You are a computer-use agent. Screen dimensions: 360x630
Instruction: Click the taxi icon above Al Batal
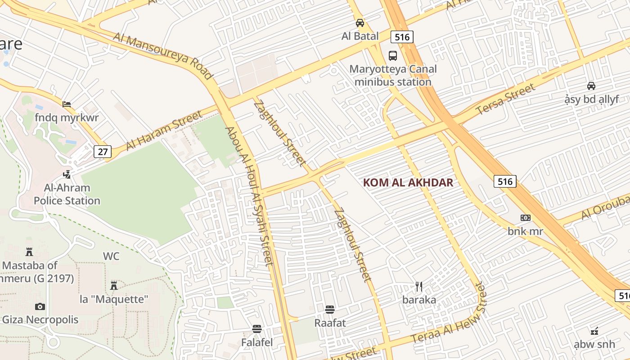tap(360, 22)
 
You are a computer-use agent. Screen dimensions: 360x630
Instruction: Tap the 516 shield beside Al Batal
tap(402, 36)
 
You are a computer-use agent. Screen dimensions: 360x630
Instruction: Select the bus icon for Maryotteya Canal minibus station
tap(393, 56)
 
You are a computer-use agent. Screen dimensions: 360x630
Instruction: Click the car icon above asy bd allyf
tap(591, 85)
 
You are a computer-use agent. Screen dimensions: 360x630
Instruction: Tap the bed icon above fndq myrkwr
tap(67, 104)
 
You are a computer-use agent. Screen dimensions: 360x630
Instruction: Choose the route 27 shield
tap(103, 152)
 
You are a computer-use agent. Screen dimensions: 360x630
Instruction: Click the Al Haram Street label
tap(164, 131)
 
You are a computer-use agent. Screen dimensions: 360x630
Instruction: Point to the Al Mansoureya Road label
tap(162, 56)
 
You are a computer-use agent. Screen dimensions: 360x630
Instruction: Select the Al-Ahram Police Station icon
tap(67, 174)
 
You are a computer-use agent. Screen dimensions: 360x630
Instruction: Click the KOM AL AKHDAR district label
tap(408, 183)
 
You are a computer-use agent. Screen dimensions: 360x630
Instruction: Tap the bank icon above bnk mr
tap(525, 218)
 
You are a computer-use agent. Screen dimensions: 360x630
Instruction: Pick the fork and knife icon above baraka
tap(419, 286)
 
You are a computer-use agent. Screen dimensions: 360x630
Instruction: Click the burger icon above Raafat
tap(330, 310)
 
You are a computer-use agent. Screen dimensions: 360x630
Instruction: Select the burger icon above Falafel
tap(257, 329)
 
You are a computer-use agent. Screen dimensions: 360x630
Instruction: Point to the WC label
tap(111, 256)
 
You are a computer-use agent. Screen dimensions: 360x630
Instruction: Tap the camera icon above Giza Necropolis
tap(40, 307)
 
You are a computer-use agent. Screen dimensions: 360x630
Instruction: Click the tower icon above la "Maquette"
tap(114, 285)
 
